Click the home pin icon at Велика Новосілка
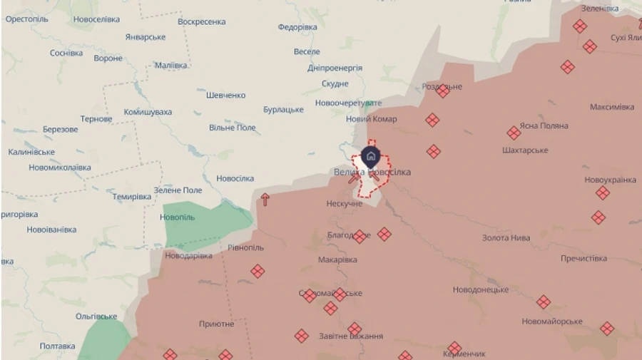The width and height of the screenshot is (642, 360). (x=370, y=156)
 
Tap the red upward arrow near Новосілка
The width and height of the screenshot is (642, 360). (x=265, y=199)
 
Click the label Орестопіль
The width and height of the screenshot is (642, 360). (x=27, y=19)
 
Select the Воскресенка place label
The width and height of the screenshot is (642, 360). (x=202, y=21)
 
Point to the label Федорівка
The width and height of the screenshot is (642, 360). (x=297, y=27)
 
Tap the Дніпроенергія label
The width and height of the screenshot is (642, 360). (x=335, y=68)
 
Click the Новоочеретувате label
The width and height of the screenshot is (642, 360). (x=349, y=103)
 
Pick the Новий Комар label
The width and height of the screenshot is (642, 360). (x=372, y=119)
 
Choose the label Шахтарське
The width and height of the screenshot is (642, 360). (x=525, y=150)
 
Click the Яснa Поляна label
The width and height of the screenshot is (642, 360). (x=544, y=125)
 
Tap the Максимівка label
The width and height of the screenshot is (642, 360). (x=611, y=107)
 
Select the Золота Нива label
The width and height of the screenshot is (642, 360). (x=506, y=238)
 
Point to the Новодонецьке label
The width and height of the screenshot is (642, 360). (x=481, y=290)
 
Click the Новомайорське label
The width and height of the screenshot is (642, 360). (x=552, y=322)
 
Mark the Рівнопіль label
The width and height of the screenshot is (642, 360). (x=245, y=247)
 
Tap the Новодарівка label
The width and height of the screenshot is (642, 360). (x=188, y=255)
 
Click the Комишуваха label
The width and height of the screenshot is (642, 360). (x=148, y=112)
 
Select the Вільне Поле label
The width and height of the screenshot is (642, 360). (x=232, y=128)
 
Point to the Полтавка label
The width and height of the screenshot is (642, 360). (x=58, y=346)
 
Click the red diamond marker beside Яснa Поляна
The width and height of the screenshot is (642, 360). (x=514, y=133)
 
